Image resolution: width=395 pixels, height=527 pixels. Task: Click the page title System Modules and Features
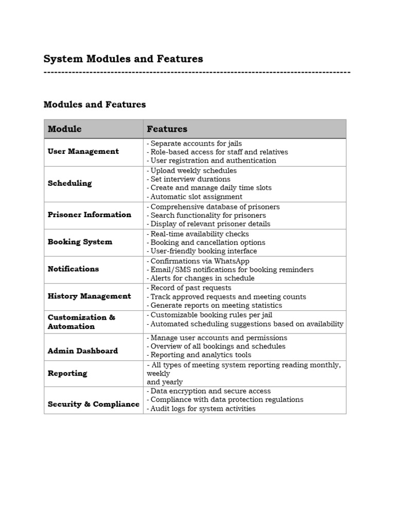(x=123, y=59)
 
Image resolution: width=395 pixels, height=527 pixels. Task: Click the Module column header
(x=65, y=129)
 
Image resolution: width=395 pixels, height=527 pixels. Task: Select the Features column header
(x=167, y=129)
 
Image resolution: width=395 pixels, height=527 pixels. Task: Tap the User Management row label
(x=83, y=151)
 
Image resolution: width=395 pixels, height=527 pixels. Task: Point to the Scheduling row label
(x=69, y=183)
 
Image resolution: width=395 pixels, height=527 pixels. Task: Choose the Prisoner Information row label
(x=89, y=215)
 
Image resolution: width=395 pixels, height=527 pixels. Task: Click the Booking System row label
(x=80, y=242)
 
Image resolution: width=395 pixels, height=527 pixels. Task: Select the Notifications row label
(x=73, y=269)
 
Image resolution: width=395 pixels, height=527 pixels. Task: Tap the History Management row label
(x=89, y=296)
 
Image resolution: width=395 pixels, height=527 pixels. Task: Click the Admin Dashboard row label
(x=82, y=351)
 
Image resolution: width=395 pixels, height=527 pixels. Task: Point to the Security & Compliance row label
(x=93, y=404)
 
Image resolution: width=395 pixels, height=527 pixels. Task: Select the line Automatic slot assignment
(x=196, y=197)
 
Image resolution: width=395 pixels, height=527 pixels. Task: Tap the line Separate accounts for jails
(x=195, y=144)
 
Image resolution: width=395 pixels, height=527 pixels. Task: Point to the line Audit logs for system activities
(x=202, y=409)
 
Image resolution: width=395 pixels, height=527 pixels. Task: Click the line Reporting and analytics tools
(x=200, y=355)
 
